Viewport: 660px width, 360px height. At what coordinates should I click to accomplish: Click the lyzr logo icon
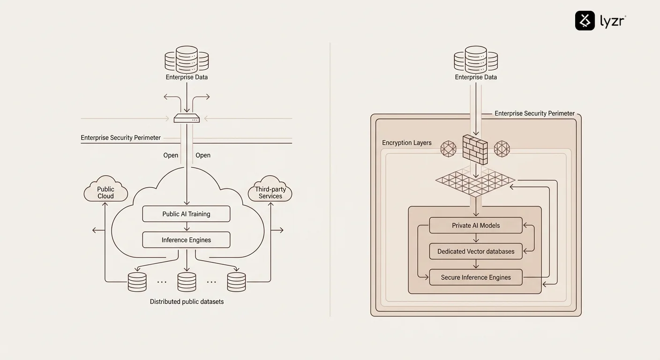point(585,21)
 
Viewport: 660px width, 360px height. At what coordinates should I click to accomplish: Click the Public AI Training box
point(186,214)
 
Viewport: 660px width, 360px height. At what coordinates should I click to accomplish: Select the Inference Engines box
point(186,240)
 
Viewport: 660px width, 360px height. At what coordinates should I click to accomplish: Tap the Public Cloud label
point(105,192)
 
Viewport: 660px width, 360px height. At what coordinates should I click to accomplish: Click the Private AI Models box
point(476,225)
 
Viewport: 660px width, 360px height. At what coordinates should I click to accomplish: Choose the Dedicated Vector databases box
point(476,251)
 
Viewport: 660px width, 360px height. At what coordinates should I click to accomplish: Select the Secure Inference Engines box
point(476,277)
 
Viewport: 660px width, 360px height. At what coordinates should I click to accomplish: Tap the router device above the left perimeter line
point(187,119)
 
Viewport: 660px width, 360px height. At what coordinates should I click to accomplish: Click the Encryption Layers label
point(406,142)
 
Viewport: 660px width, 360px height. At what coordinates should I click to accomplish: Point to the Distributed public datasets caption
point(187,301)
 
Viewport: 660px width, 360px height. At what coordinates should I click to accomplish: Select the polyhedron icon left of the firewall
point(448,149)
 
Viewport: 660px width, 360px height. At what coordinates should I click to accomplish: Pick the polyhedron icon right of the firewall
point(502,149)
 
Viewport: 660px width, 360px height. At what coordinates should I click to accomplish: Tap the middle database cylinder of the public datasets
point(187,282)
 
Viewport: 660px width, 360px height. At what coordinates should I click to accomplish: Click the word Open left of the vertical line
point(171,155)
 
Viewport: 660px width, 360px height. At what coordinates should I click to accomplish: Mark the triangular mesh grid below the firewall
point(475,180)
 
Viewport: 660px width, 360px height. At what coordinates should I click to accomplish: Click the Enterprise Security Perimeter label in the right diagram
point(534,113)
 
